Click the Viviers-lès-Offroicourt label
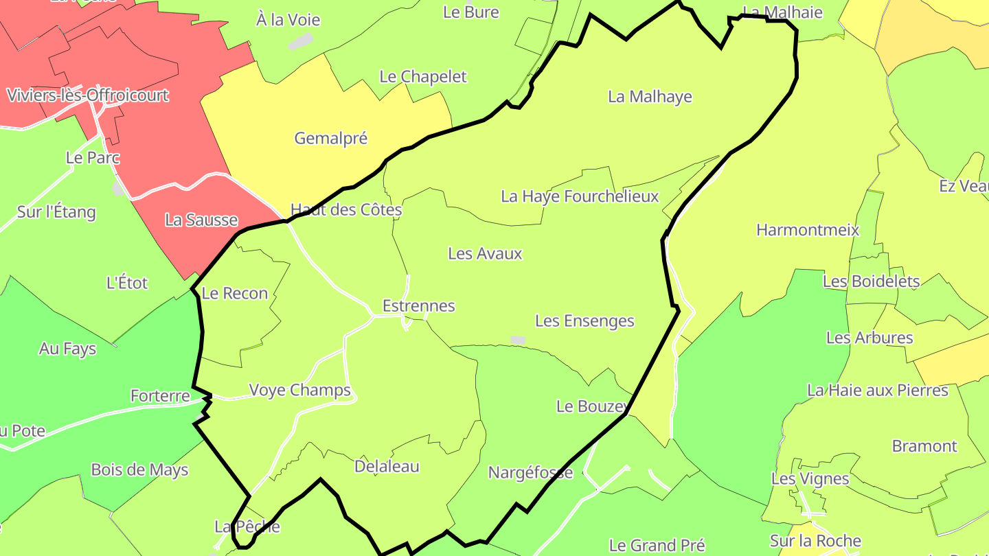point(87,95)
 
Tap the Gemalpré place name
point(331,138)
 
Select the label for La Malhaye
point(650,97)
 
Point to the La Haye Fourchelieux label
point(580,196)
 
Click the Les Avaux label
point(485,253)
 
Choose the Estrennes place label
point(418,305)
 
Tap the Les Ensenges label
point(584,321)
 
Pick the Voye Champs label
point(299,390)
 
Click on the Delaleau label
point(387,467)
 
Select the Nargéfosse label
point(530,472)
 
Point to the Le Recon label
point(235,293)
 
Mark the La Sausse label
point(201,220)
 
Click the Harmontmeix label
point(808,229)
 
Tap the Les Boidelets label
point(871,281)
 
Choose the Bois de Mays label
point(139,470)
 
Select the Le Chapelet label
point(423,76)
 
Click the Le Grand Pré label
point(657,546)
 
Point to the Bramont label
point(924,446)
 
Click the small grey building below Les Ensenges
point(518,340)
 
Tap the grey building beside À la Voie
point(300,43)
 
